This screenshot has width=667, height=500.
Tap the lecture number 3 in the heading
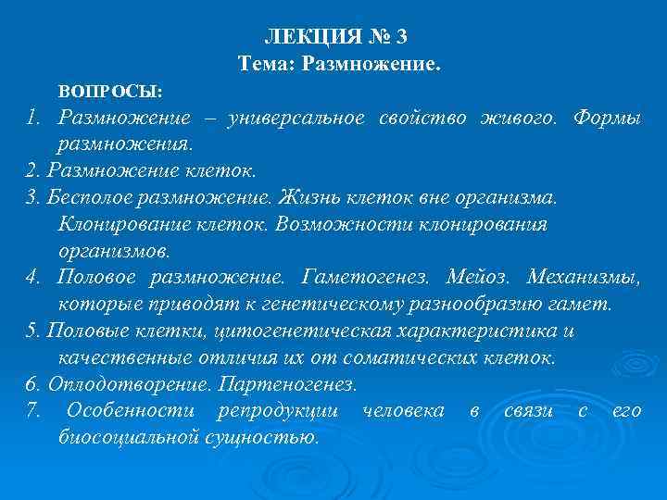(x=400, y=38)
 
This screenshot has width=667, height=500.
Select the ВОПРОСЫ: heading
(x=110, y=93)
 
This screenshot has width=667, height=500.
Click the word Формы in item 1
(x=607, y=119)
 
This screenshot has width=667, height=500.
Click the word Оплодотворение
(x=111, y=383)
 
